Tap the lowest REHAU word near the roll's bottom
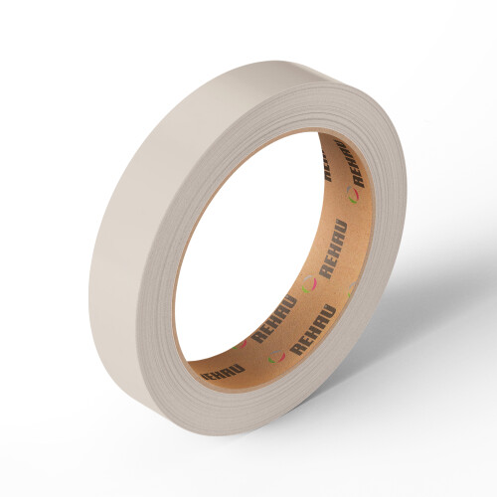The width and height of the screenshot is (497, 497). point(221,373)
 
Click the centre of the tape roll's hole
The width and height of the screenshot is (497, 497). point(258,248)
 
